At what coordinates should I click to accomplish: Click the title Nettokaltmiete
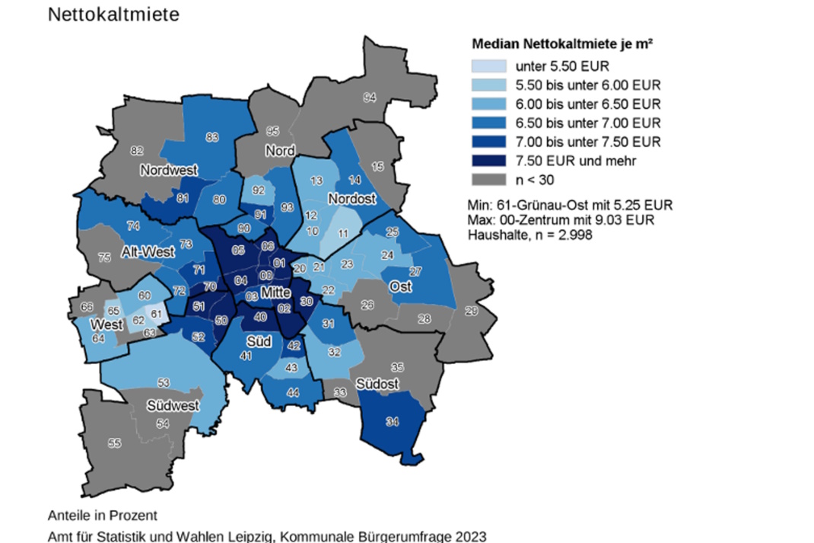113,15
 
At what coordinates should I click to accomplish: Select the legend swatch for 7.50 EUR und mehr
490,160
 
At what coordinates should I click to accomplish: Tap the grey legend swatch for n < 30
490,179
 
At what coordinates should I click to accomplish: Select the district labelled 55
114,442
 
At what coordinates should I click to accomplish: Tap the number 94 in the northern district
370,97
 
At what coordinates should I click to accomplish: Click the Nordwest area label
169,170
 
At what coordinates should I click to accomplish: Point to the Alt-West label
148,252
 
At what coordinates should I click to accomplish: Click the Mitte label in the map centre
275,292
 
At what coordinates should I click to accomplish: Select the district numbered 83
212,137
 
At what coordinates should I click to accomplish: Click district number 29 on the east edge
472,310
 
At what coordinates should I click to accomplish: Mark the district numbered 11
343,233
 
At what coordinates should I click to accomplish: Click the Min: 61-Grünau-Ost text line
570,206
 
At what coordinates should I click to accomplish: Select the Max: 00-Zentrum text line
567,221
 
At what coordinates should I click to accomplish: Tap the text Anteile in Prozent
102,515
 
